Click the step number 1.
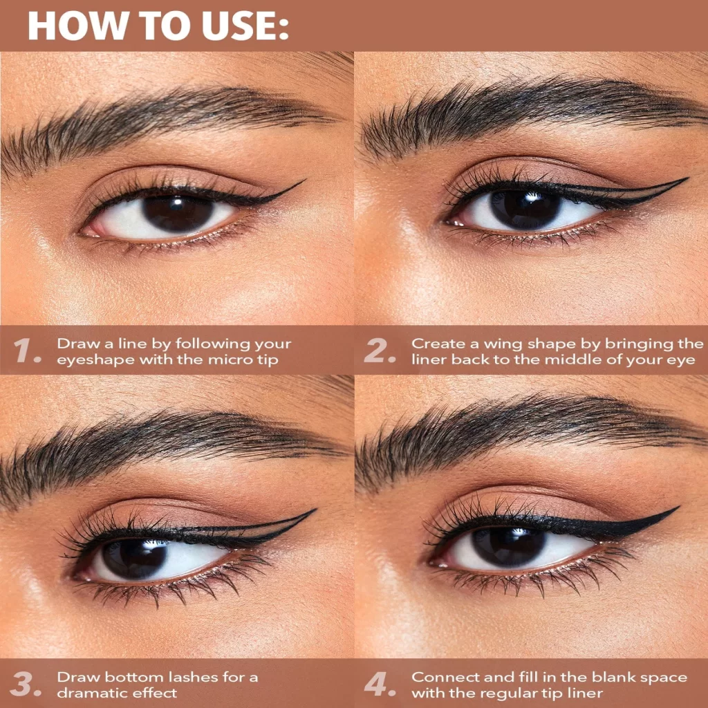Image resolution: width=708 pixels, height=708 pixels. coord(27,351)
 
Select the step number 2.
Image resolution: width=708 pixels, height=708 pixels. coord(380,351)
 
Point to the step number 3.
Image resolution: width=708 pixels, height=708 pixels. coord(26,684)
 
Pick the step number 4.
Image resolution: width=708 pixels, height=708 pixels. coord(380,684)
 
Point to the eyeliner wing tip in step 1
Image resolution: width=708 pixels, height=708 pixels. coord(305,180)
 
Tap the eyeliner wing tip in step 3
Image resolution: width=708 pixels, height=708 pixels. coord(315,510)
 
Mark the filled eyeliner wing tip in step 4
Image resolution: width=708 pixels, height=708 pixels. coord(678,507)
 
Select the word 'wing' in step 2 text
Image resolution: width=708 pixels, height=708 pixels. coord(503,345)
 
